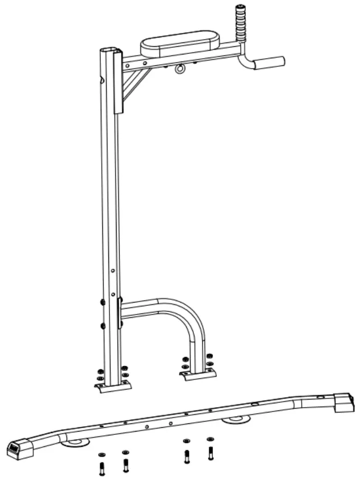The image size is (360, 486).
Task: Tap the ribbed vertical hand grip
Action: pyautogui.click(x=241, y=23)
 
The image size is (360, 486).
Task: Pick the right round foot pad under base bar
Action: pyautogui.click(x=236, y=419)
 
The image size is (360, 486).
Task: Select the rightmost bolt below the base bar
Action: pyautogui.click(x=210, y=451)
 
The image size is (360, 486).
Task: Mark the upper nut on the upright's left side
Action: pyautogui.click(x=102, y=302)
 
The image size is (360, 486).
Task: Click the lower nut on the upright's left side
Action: pyautogui.click(x=102, y=325)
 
